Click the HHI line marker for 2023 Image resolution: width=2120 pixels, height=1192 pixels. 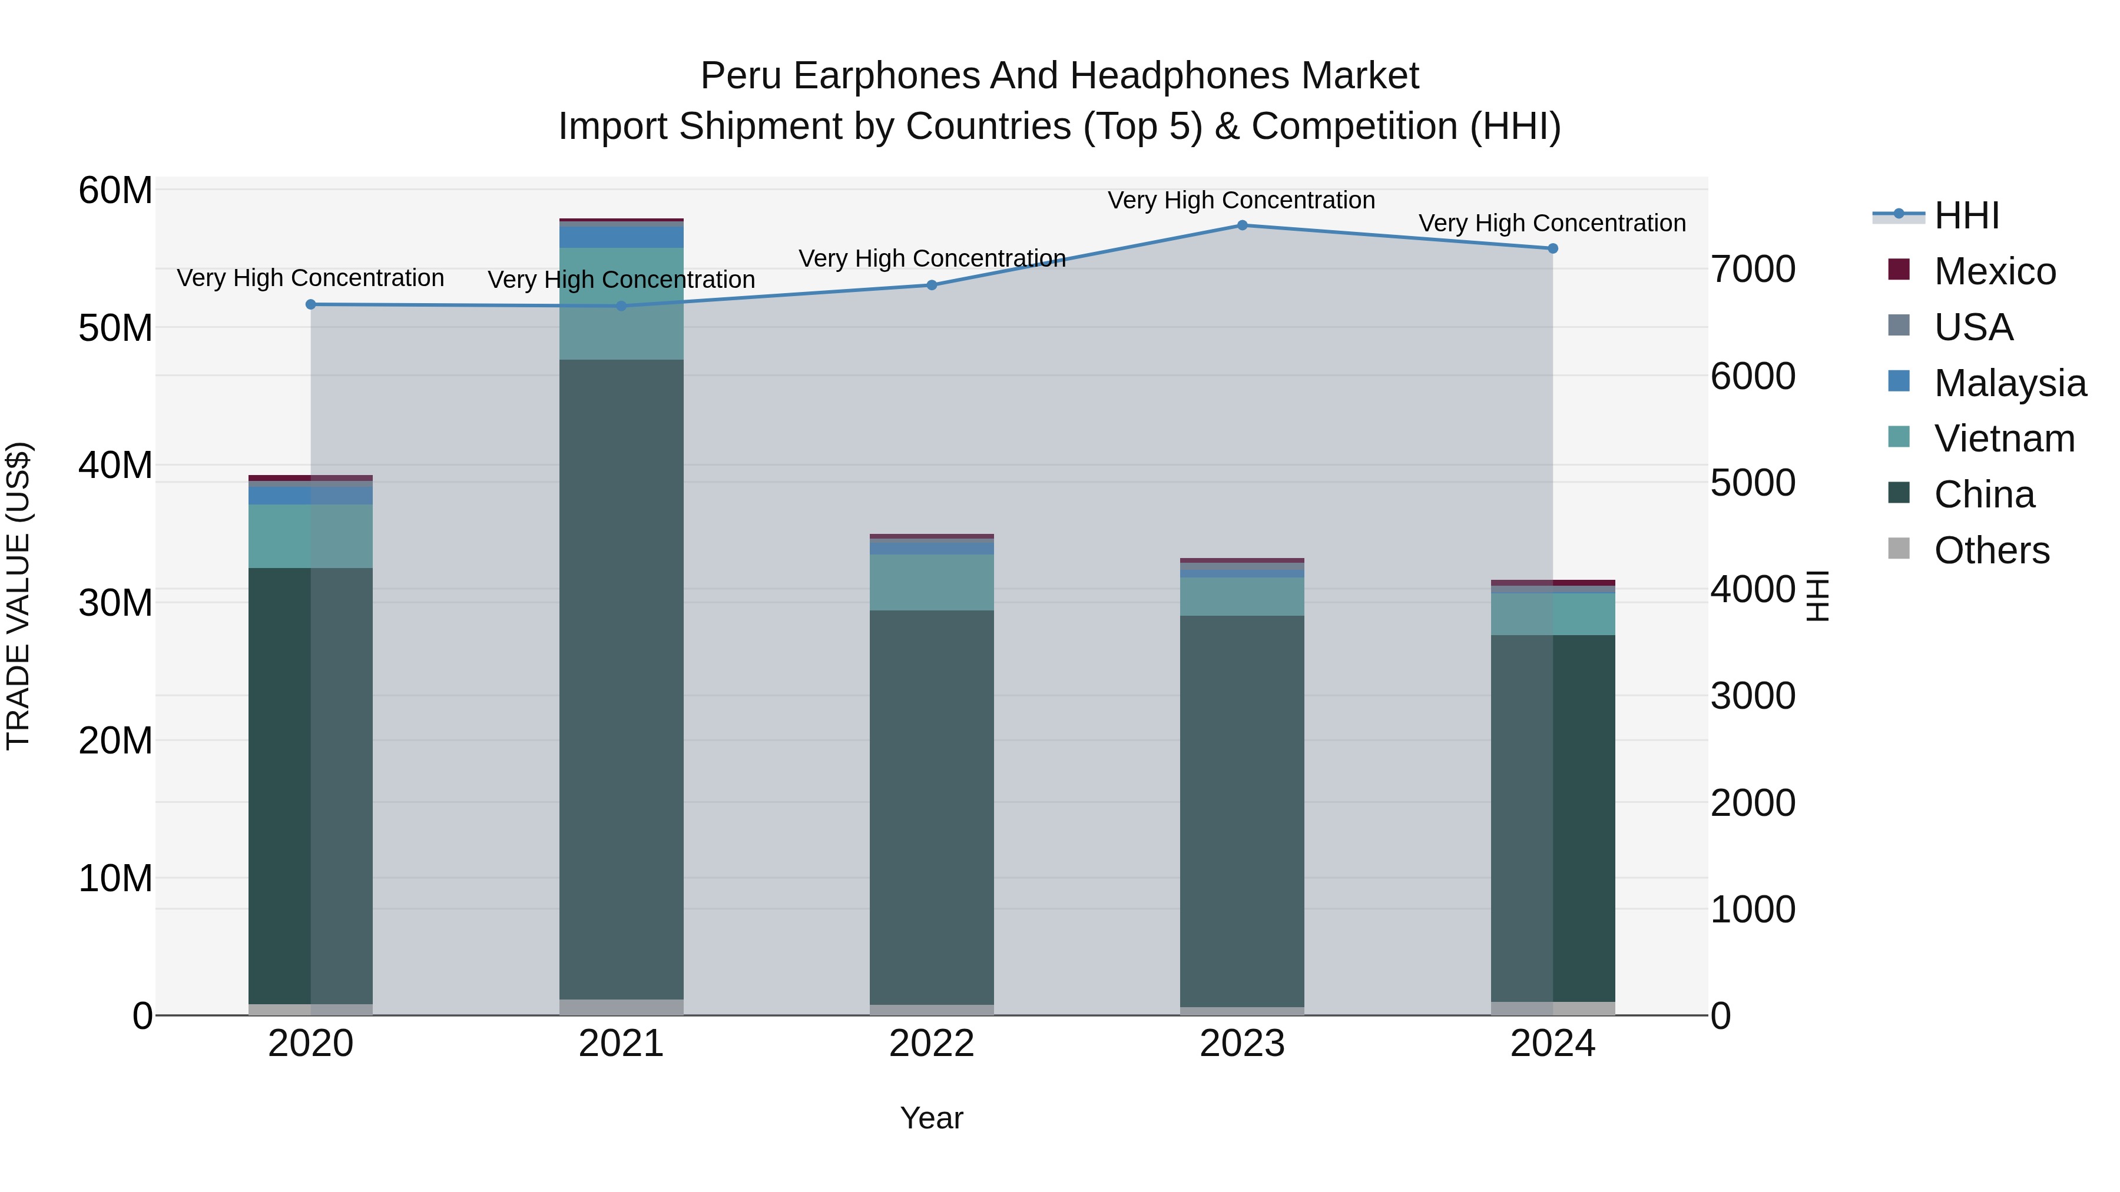(1242, 225)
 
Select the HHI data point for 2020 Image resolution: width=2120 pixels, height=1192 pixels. (310, 304)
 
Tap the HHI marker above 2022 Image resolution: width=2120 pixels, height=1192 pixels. (932, 285)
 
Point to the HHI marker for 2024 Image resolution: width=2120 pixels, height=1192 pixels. (1552, 248)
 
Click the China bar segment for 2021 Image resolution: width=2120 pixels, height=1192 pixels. (621, 679)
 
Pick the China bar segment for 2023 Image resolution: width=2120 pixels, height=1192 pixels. (1242, 811)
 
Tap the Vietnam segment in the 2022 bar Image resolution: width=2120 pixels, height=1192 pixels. (932, 582)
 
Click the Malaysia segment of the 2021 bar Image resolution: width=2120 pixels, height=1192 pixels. (621, 237)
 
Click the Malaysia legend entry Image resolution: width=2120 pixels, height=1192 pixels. (2010, 383)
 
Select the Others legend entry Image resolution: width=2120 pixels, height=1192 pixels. (1992, 550)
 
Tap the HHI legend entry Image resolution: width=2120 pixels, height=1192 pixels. (1966, 215)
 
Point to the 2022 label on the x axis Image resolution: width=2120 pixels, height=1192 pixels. (932, 1044)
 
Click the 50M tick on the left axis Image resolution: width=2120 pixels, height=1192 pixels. (115, 328)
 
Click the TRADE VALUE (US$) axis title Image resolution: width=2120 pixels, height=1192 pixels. (18, 596)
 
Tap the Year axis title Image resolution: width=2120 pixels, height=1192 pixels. (932, 1118)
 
